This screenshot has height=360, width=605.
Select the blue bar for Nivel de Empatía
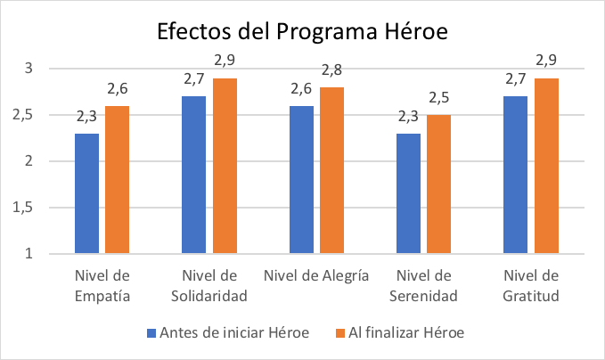(86, 193)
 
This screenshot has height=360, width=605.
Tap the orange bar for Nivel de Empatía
(117, 180)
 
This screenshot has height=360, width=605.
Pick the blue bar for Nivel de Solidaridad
(193, 175)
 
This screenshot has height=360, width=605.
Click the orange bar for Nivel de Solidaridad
(224, 166)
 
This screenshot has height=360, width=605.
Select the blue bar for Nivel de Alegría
(301, 180)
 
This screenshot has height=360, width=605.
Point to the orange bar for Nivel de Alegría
(331, 170)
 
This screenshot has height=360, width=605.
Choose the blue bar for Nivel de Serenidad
(408, 193)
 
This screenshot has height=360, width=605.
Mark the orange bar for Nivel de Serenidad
(438, 184)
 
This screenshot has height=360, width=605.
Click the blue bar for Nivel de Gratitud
(515, 175)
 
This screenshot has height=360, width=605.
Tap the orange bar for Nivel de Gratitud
(545, 166)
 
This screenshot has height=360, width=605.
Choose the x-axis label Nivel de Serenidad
(424, 285)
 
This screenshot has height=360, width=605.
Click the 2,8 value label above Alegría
(331, 70)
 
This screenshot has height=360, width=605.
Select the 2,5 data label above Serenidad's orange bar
(438, 98)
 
